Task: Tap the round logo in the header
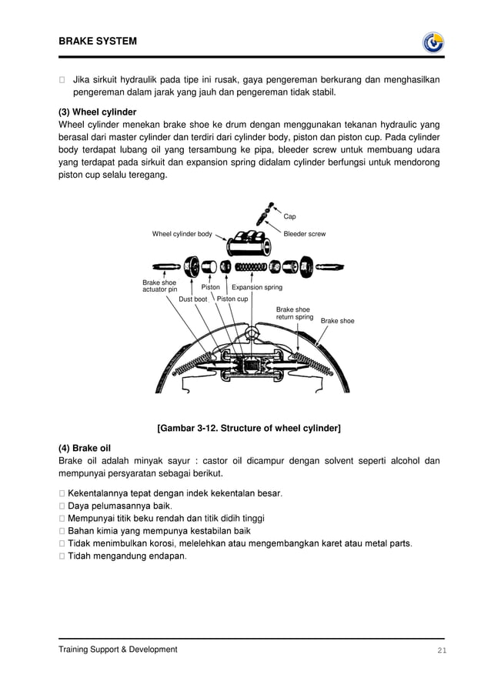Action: point(433,42)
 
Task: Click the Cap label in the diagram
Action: point(289,217)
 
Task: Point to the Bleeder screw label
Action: point(305,233)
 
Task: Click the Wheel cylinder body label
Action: point(182,233)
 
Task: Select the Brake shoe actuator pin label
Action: point(159,286)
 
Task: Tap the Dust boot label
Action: point(192,299)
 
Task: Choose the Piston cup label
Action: point(232,299)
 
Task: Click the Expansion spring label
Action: point(257,287)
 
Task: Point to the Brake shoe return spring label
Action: point(294,313)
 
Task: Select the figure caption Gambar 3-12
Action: point(249,428)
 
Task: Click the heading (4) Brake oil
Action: point(85,448)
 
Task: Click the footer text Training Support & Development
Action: point(118,650)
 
